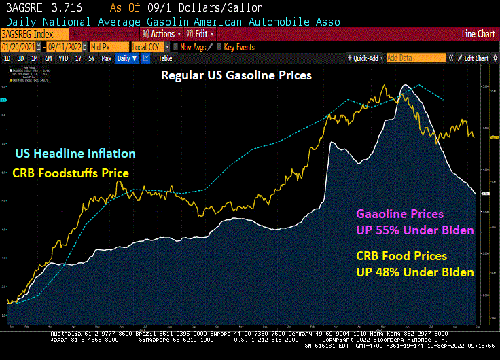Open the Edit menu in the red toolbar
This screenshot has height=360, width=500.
pos(197,34)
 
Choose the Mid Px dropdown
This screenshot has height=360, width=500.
pos(108,47)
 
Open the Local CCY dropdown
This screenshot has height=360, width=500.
pos(149,47)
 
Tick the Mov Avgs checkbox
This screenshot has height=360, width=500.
pos(175,47)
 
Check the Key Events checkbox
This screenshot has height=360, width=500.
pos(219,47)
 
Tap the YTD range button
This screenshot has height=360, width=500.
pos(63,59)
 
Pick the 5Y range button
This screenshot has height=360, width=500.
pos(92,59)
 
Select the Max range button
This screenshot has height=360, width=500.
pos(106,59)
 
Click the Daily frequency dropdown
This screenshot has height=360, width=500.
pos(127,59)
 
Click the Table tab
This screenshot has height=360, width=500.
pos(165,59)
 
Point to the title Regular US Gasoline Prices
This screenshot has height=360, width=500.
pos(236,75)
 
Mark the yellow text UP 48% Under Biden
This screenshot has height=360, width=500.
pos(415,272)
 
